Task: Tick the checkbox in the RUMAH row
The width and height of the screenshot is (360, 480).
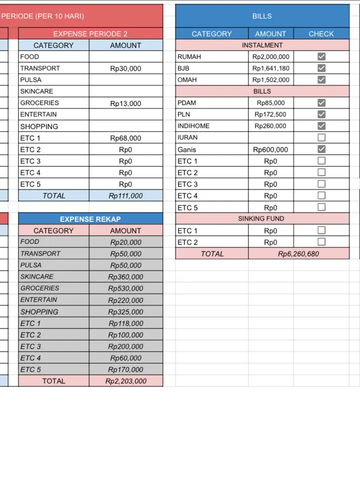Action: tap(321, 56)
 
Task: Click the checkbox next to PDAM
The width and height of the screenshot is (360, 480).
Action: tap(321, 102)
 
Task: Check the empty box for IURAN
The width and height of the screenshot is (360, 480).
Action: tap(321, 137)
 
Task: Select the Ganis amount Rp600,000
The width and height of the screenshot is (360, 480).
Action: tap(270, 149)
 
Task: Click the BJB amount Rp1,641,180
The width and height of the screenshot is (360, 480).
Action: tap(270, 68)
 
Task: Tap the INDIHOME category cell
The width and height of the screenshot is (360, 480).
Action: tap(211, 126)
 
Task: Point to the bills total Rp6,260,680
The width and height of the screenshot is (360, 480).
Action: tap(298, 254)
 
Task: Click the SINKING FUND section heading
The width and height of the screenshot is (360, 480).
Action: tap(261, 218)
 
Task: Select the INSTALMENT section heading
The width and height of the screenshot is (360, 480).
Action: tap(262, 45)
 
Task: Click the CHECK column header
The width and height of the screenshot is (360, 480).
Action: tap(321, 34)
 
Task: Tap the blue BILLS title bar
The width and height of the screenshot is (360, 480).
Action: tap(262, 16)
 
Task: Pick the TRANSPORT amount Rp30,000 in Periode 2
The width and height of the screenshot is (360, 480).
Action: tap(125, 68)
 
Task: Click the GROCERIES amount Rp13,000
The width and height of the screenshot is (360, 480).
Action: tap(125, 103)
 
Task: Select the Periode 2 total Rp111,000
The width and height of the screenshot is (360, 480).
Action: tap(125, 196)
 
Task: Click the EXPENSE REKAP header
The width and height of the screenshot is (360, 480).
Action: tap(90, 219)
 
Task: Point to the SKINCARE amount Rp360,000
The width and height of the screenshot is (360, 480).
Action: tap(125, 277)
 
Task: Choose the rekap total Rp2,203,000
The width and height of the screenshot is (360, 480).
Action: tap(125, 381)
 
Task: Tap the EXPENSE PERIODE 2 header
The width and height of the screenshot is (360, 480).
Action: tap(90, 34)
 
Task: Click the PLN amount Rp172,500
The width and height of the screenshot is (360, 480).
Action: tap(270, 114)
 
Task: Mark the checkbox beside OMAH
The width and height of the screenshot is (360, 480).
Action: tap(321, 79)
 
